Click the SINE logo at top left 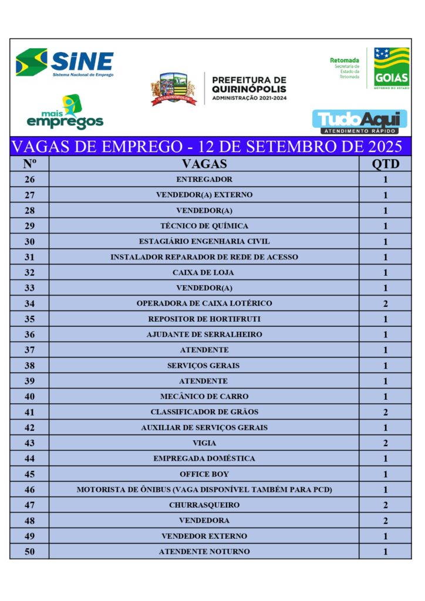65,62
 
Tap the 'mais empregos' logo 65,113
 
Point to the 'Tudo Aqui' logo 359,121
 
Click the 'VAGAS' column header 204,164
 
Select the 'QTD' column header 385,164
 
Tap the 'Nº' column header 29,164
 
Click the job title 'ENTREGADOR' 204,180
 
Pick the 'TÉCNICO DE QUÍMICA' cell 204,226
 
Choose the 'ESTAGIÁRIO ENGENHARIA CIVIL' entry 204,241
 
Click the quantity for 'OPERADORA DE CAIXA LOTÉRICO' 385,303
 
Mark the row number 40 29,397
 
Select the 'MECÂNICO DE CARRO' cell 204,397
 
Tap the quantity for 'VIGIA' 385,443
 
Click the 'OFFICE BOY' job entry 204,474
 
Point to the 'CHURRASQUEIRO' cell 204,505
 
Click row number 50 29,552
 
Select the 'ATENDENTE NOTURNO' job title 204,552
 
